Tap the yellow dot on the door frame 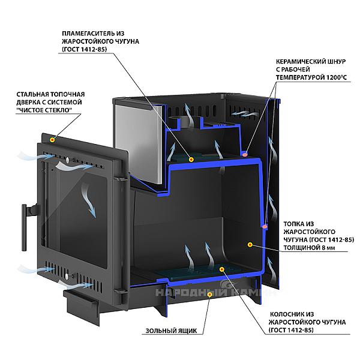tap(53, 139)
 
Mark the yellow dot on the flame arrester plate tap(191, 160)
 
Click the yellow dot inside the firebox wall tap(248, 245)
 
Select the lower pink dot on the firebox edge tap(264, 226)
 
